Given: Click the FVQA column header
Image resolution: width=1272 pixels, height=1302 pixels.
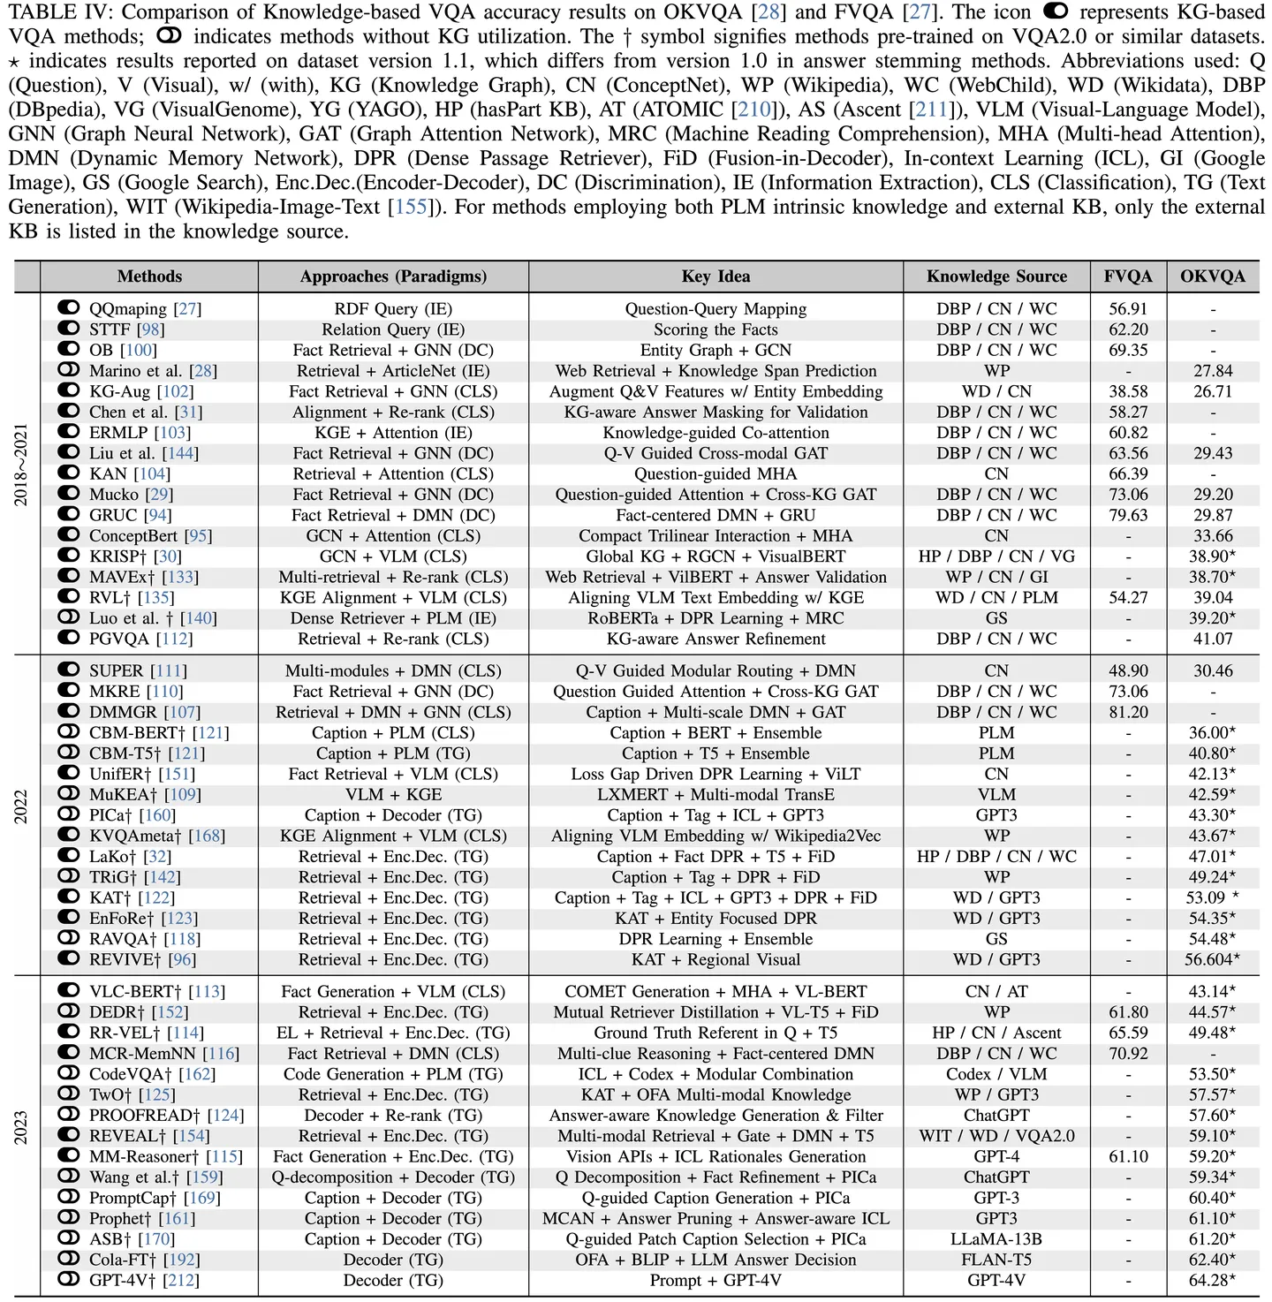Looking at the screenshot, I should tap(1128, 276).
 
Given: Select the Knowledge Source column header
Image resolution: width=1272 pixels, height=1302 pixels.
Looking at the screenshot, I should tap(996, 276).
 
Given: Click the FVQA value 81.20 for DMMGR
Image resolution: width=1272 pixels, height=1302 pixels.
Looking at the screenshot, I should tap(1128, 712).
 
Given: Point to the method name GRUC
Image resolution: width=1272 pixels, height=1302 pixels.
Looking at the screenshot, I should tap(113, 515).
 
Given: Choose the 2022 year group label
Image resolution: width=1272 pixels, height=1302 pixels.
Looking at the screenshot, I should tap(21, 806).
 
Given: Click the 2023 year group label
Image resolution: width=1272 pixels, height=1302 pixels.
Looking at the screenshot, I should tap(21, 1127).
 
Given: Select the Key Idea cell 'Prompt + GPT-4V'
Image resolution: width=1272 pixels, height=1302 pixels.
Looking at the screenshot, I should tap(715, 1280).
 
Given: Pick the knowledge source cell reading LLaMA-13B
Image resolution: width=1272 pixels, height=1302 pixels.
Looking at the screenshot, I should tap(996, 1239).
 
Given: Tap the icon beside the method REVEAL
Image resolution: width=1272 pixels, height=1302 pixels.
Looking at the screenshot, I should tap(69, 1136).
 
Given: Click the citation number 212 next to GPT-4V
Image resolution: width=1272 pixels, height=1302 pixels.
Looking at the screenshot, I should tap(180, 1280).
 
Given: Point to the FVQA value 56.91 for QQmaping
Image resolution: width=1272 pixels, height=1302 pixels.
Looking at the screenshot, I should tap(1128, 309).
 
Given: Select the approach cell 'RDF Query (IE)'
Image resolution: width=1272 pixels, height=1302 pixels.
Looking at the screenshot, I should tap(393, 309).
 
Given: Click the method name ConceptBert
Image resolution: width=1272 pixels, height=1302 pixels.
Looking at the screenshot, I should tap(133, 536).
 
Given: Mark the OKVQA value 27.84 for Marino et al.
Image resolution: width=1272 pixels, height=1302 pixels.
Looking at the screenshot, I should tap(1212, 371).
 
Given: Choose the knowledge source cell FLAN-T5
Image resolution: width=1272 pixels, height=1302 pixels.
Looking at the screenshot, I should tap(996, 1260).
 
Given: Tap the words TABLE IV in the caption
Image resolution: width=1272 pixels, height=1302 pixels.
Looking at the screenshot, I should tap(57, 12).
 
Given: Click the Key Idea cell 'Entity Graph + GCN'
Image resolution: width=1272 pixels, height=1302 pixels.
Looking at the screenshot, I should tap(715, 351).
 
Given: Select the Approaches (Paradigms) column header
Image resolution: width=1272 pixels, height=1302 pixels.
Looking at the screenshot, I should tap(393, 276).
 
